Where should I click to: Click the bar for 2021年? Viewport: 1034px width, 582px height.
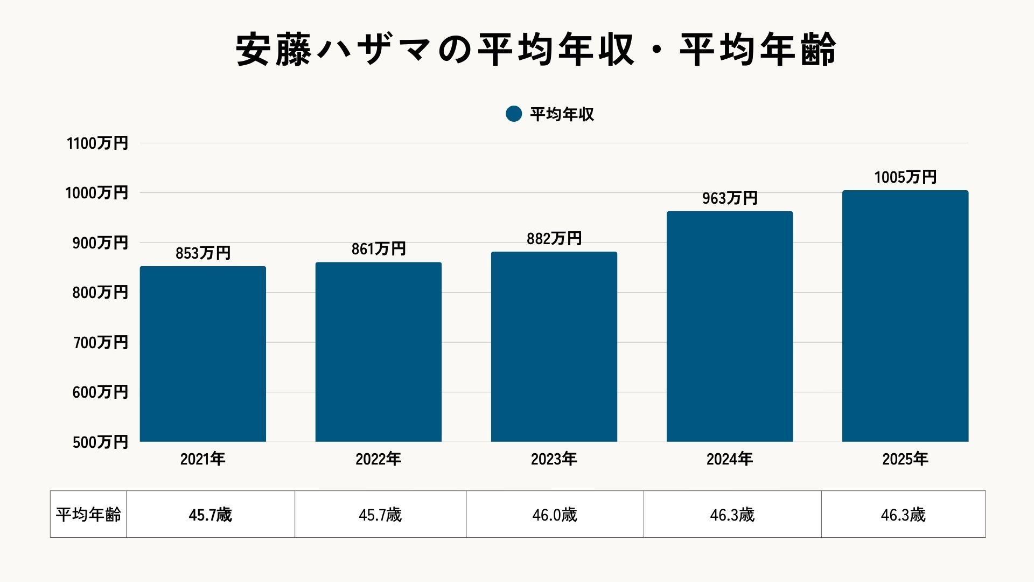(202, 354)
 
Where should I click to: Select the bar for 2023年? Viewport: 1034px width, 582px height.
(554, 347)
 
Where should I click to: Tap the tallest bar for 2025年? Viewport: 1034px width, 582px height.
(905, 316)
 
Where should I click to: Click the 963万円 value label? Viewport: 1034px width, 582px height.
(729, 198)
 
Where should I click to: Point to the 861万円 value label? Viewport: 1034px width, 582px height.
(378, 249)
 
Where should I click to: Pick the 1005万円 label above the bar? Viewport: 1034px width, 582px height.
(905, 177)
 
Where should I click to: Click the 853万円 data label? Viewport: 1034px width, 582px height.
(202, 253)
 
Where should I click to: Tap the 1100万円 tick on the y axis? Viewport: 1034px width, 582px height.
(97, 143)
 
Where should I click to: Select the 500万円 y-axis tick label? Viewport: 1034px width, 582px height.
(100, 442)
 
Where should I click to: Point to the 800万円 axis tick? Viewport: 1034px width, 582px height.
(100, 293)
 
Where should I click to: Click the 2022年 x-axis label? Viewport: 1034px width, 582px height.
(378, 459)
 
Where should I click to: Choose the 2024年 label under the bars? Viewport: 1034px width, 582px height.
(729, 459)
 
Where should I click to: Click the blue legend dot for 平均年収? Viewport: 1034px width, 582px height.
(514, 114)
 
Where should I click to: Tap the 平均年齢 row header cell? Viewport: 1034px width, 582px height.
(88, 515)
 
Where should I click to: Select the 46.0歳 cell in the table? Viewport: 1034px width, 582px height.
(554, 515)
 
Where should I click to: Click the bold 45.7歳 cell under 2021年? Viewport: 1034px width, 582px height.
(210, 515)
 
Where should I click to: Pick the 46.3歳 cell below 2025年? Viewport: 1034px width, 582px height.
(903, 515)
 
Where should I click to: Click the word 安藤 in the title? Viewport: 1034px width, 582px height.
(274, 50)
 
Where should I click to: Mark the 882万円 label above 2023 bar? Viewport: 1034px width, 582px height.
(554, 239)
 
